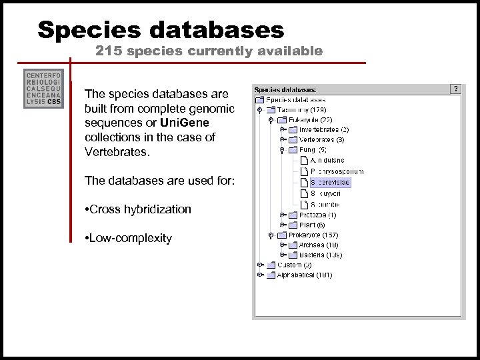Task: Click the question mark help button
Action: pyautogui.click(x=455, y=89)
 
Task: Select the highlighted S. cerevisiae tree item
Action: pyautogui.click(x=330, y=182)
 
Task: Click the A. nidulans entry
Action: pyautogui.click(x=327, y=161)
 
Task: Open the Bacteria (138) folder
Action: pyautogui.click(x=320, y=255)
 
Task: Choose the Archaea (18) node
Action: pyautogui.click(x=319, y=245)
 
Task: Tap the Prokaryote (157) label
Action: pyautogui.click(x=313, y=235)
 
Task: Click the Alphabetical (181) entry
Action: pyautogui.click(x=304, y=275)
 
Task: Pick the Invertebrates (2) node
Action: pyautogui.click(x=323, y=129)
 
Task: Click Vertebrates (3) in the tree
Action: pyautogui.click(x=321, y=140)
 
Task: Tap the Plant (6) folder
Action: pyautogui.click(x=312, y=225)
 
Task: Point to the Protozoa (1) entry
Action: pyautogui.click(x=317, y=215)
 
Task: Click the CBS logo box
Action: pyautogui.click(x=43, y=89)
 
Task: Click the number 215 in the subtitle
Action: pyautogui.click(x=107, y=51)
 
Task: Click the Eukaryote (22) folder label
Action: pyautogui.click(x=310, y=119)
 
